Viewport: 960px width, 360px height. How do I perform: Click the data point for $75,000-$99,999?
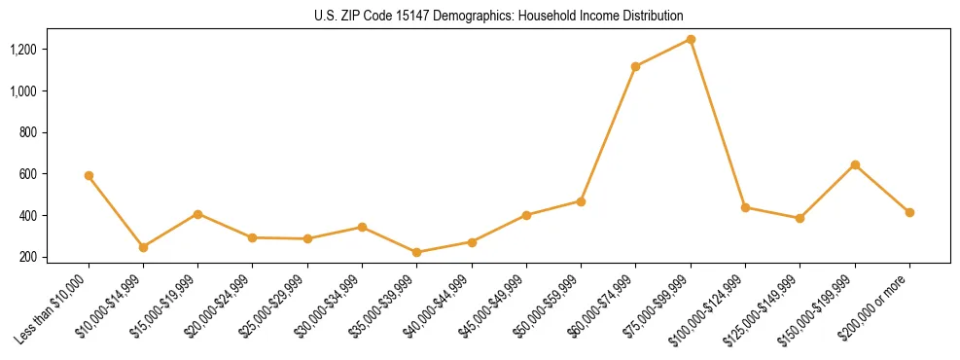(x=691, y=39)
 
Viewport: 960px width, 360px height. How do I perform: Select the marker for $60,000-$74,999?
(x=635, y=66)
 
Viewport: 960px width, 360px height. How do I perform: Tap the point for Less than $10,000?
(x=89, y=175)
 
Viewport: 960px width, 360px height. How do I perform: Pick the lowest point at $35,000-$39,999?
(x=416, y=252)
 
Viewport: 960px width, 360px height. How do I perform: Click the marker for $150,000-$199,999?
(x=855, y=164)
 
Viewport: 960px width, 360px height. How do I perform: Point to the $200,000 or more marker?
(x=909, y=212)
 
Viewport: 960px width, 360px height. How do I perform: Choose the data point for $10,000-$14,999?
(x=143, y=247)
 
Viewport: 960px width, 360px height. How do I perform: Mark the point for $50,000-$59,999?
(x=581, y=201)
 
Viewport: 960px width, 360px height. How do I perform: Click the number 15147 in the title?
(x=414, y=16)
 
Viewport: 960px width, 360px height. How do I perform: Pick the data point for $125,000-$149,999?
(x=800, y=218)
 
